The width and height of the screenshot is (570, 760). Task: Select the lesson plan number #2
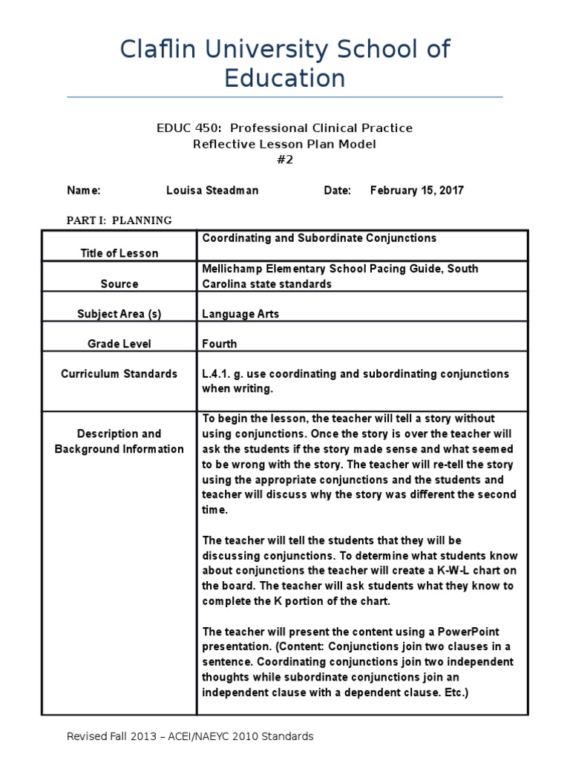[x=284, y=160]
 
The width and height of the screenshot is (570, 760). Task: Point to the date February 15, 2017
[x=416, y=191]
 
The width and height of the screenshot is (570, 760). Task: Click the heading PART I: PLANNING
[x=119, y=220]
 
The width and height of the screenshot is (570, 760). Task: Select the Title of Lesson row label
[x=119, y=253]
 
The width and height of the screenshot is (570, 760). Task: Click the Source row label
[x=119, y=284]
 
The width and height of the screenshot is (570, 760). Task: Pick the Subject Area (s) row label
[x=119, y=314]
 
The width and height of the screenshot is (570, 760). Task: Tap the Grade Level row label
[x=119, y=344]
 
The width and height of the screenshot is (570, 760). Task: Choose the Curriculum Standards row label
[x=119, y=373]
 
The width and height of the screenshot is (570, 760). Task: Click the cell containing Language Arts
[x=240, y=314]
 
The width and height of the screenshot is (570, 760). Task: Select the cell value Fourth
[x=220, y=344]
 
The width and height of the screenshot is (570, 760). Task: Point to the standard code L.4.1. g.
[x=224, y=373]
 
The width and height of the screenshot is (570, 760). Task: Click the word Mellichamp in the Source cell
[x=235, y=269]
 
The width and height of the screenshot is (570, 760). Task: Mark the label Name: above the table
[x=84, y=191]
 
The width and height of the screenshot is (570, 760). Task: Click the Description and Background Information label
[x=119, y=441]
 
